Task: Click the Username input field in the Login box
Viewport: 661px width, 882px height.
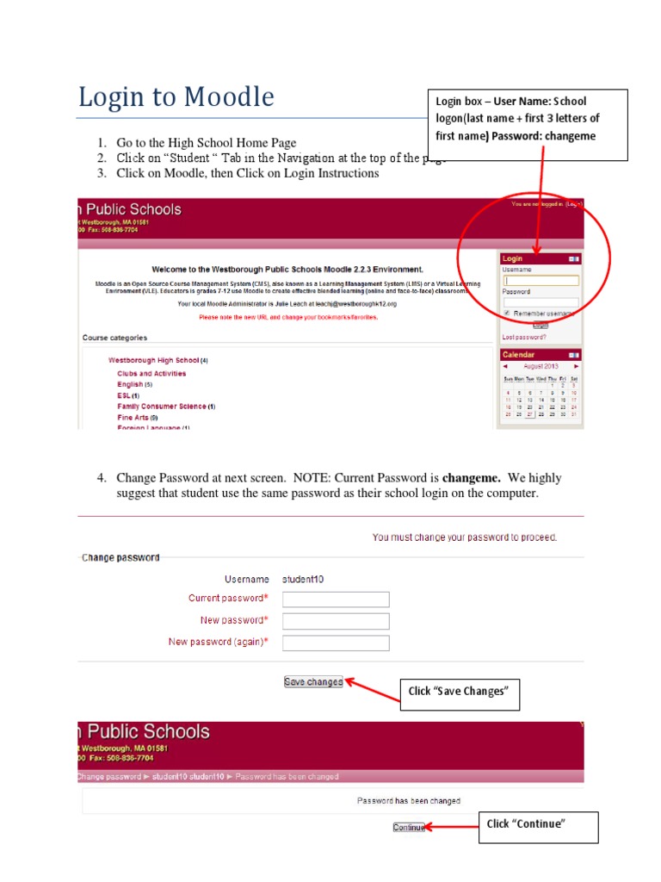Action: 541,281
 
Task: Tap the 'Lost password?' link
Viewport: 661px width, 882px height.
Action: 523,338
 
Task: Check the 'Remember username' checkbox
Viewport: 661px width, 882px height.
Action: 507,314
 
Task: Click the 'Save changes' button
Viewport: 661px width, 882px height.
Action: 313,682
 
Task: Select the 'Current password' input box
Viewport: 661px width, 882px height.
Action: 336,599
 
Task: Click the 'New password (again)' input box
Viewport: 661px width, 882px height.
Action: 336,643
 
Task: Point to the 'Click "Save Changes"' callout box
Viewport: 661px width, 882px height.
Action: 459,692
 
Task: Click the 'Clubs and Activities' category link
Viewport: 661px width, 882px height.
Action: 151,374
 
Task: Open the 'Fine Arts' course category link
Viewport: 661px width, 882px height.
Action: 133,417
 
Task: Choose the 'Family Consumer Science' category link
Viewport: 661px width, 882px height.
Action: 162,407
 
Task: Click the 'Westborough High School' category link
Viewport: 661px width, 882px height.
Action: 153,360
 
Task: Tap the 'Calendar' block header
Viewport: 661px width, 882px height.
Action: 518,355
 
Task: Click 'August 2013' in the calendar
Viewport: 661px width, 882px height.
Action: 541,366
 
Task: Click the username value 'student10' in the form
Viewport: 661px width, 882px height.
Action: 303,580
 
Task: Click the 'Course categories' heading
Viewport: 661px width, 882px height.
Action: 114,338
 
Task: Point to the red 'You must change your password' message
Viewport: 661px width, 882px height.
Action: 465,537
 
